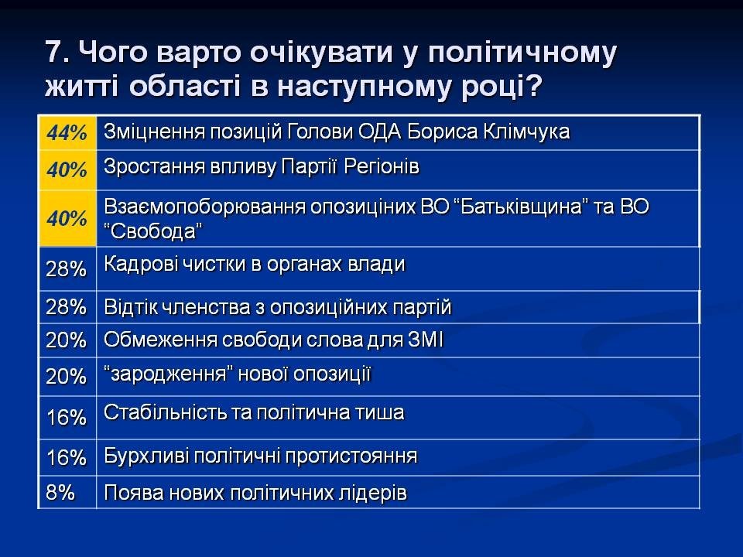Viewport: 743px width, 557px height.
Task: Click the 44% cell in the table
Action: tap(67, 132)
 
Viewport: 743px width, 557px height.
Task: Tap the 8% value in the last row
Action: tap(60, 493)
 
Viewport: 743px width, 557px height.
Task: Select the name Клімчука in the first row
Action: tap(526, 132)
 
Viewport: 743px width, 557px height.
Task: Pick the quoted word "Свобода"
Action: tap(153, 231)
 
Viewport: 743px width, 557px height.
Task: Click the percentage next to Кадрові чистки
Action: tap(67, 269)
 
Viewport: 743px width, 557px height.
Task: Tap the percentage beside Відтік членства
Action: tap(67, 307)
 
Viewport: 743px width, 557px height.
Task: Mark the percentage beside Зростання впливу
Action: tap(67, 169)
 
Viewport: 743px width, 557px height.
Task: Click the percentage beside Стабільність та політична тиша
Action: tap(67, 417)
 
